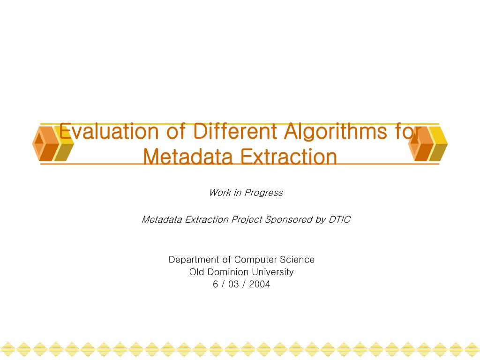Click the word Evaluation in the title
point(109,131)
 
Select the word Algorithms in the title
point(335,132)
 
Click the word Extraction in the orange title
point(288,157)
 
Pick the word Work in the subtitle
point(220,193)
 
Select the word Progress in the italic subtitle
point(263,193)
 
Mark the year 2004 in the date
point(260,284)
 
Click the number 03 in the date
point(233,284)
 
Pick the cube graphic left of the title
point(53,143)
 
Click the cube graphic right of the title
point(428,143)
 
